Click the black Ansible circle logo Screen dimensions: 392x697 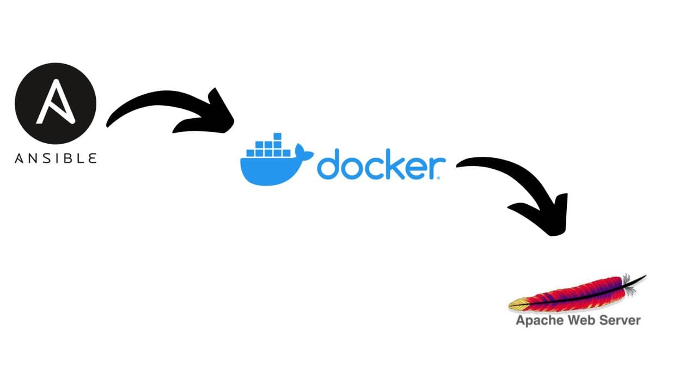click(x=55, y=103)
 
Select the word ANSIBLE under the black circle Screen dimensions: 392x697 click(x=56, y=158)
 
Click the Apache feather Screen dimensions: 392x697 click(x=577, y=294)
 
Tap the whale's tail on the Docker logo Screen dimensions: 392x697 click(x=302, y=150)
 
